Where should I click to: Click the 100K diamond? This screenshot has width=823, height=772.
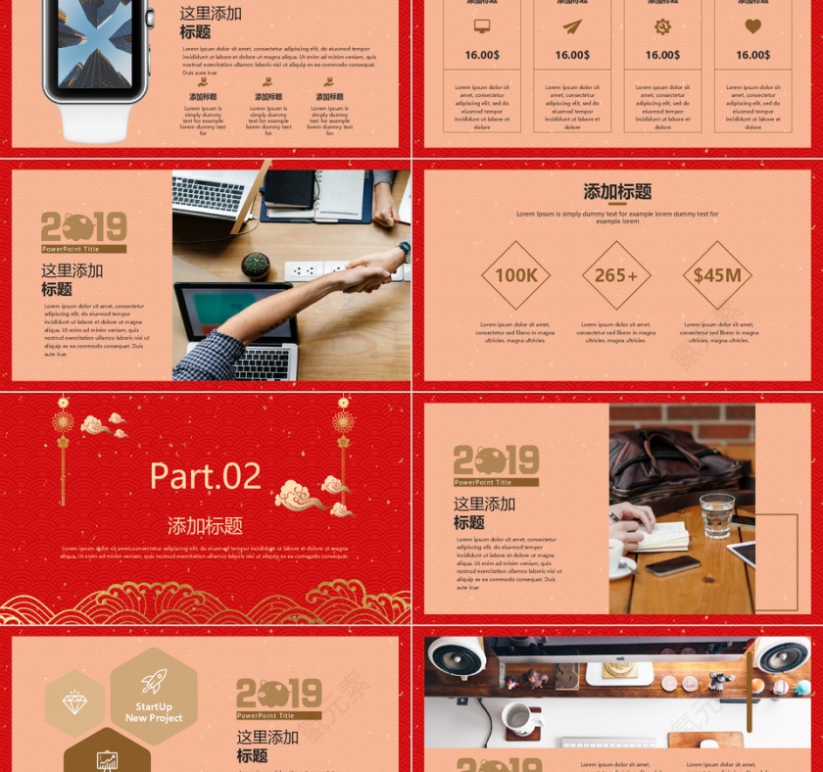tap(515, 275)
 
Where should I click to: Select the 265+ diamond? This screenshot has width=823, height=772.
tap(616, 275)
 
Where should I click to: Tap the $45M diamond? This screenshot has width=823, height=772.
tap(717, 275)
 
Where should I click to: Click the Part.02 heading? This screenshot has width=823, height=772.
tap(206, 476)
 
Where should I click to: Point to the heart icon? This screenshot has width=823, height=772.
tap(752, 26)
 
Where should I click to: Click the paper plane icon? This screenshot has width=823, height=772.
tap(572, 26)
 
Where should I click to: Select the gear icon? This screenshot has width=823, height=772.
tap(662, 26)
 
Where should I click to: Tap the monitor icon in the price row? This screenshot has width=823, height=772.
tap(482, 26)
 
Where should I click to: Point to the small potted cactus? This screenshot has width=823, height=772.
tap(256, 265)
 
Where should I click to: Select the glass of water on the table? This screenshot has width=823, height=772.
tap(717, 514)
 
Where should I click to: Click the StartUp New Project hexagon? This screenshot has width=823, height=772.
tap(154, 698)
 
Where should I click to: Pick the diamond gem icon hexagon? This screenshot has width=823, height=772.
tap(74, 702)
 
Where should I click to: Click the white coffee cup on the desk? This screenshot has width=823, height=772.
tap(518, 719)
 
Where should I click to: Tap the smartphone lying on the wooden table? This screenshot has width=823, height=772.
tap(672, 565)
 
